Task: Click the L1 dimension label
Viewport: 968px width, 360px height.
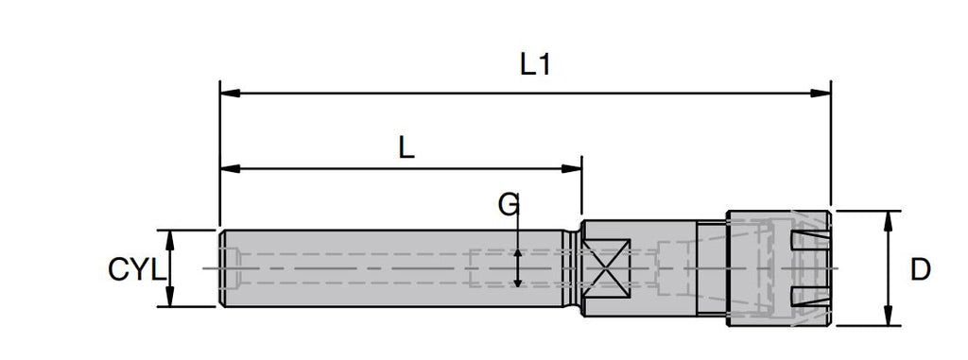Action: coord(535,64)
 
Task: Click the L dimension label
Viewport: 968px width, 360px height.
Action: coord(406,147)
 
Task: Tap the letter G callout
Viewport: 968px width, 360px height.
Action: coord(508,205)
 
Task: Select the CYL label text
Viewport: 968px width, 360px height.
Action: coord(136,270)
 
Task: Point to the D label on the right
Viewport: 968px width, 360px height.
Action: coord(920,270)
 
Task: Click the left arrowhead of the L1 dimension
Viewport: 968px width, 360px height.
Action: coord(230,94)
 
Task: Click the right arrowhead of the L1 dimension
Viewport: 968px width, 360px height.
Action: coord(821,94)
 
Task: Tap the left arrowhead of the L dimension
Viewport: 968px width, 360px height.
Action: coord(230,168)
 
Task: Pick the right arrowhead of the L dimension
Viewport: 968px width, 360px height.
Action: coord(572,168)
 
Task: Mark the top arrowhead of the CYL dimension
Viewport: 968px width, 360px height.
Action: coord(170,240)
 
